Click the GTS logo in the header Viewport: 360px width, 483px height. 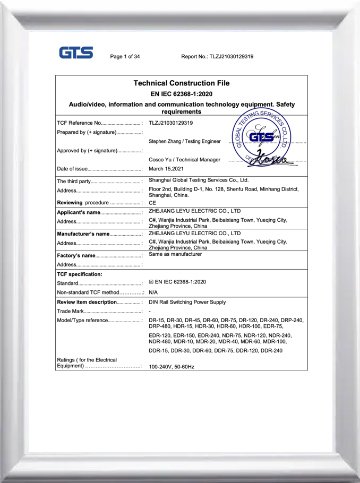tap(76, 53)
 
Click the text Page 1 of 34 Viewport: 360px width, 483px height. tap(125, 56)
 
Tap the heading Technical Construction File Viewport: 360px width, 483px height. tap(181, 83)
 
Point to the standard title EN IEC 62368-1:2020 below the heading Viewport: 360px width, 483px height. tap(181, 94)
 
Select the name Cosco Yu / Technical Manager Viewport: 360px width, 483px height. tap(184, 159)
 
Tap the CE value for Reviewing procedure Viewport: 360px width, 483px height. tap(153, 203)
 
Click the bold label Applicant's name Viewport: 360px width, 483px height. tap(79, 212)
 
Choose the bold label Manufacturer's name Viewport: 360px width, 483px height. tap(83, 233)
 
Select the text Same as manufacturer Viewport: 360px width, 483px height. tap(176, 254)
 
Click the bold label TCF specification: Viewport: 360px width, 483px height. tap(79, 274)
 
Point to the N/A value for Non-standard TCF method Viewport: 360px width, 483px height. tap(153, 292)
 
